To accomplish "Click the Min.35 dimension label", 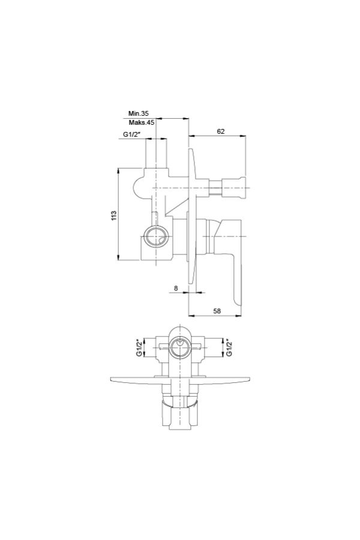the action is (x=139, y=113).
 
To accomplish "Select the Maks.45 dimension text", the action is (x=142, y=122).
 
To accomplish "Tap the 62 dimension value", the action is (x=221, y=131).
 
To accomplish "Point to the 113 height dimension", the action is (x=115, y=215).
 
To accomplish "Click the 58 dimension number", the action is (x=217, y=311).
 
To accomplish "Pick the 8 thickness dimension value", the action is (x=176, y=288).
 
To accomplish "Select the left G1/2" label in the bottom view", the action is (x=139, y=348).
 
